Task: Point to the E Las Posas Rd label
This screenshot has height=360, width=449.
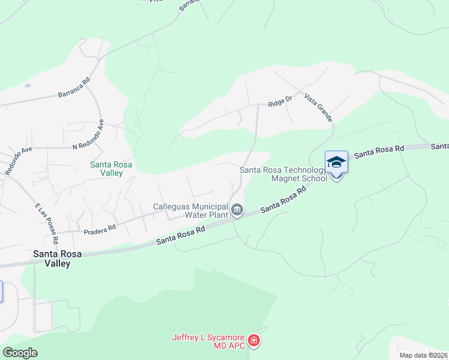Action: [x=46, y=224]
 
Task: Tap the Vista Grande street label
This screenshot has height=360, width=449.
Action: [x=318, y=108]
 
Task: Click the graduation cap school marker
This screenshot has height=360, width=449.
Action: [x=336, y=162]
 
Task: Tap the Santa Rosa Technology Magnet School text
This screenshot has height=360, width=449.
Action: [x=283, y=174]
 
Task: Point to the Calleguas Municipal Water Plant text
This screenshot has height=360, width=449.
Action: [x=190, y=210]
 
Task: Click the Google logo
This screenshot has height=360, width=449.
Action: [x=20, y=353]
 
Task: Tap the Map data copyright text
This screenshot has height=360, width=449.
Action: [x=423, y=355]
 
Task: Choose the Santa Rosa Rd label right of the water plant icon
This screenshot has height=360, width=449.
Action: [x=285, y=200]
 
